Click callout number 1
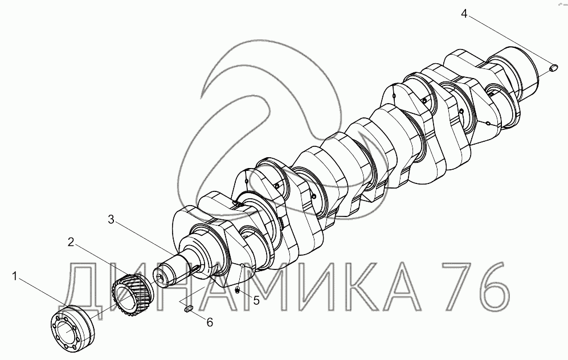tap(14, 277)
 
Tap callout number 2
tap(71, 242)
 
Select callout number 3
tap(111, 219)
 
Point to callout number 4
tap(464, 14)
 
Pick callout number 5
tap(256, 300)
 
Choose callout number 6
tap(210, 322)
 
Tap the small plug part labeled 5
tap(237, 289)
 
